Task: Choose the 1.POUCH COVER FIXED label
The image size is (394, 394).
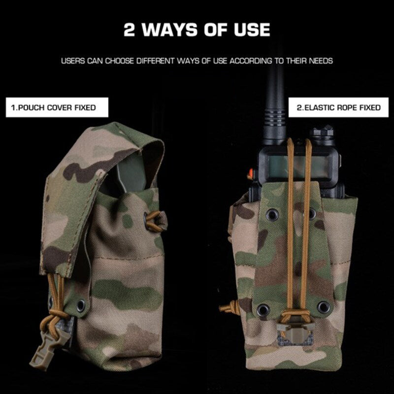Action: pyautogui.click(x=57, y=107)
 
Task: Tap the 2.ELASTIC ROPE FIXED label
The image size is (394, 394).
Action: pyautogui.click(x=339, y=107)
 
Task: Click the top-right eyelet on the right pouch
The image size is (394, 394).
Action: pyautogui.click(x=312, y=213)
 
